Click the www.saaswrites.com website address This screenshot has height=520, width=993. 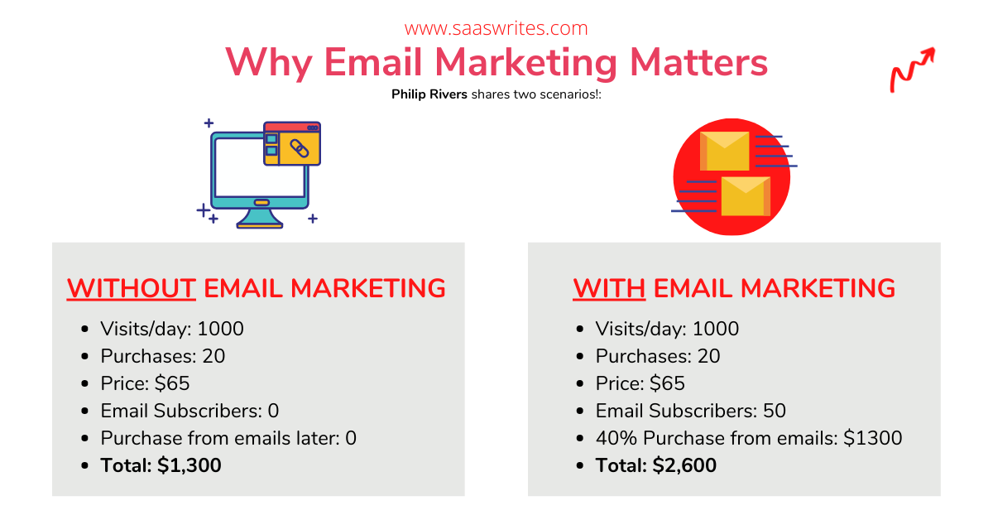tap(496, 28)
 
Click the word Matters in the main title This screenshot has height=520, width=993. tap(698, 63)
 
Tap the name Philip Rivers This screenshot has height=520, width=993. tap(429, 94)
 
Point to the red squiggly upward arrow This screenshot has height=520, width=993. tap(913, 70)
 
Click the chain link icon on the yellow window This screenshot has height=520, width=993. tap(300, 148)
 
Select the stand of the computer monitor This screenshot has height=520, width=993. tap(259, 219)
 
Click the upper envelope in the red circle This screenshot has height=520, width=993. tap(724, 151)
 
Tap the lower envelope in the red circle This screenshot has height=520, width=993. tap(746, 196)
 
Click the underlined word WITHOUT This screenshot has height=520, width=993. tap(132, 288)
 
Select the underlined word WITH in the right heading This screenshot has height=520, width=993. tap(609, 288)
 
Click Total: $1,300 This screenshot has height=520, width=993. tap(161, 465)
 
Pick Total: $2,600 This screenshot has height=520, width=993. tap(655, 465)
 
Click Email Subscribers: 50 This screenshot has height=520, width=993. tap(691, 411)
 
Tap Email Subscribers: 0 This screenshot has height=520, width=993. tap(189, 411)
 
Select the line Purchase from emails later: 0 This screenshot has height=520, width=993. tap(228, 438)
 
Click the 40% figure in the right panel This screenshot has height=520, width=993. tap(616, 438)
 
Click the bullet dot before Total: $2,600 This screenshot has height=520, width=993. tap(580, 466)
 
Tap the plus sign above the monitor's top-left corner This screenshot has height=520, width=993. tap(209, 123)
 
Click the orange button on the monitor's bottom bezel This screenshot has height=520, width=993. tap(261, 203)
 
